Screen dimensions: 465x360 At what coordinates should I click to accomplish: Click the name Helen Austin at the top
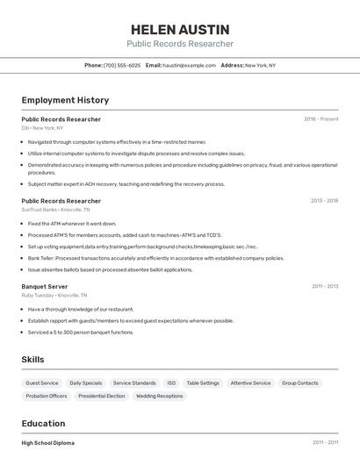(179, 30)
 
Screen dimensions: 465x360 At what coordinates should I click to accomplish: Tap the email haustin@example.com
(189, 65)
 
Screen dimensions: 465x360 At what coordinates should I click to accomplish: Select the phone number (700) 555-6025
(121, 65)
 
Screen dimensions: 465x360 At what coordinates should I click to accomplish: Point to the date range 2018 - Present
(321, 119)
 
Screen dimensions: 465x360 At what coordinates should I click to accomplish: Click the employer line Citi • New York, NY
(42, 128)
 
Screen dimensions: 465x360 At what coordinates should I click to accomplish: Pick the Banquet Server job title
(45, 286)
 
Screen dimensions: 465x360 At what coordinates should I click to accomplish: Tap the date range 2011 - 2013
(324, 286)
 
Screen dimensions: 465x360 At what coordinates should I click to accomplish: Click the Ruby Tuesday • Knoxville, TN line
(56, 296)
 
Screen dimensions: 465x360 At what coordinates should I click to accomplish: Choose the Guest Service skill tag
(42, 383)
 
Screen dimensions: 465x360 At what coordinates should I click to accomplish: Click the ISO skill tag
(171, 383)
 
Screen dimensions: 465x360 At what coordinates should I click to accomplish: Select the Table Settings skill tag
(203, 383)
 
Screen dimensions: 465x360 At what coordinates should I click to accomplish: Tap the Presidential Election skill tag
(102, 396)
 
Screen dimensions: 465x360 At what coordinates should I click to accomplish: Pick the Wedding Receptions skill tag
(159, 396)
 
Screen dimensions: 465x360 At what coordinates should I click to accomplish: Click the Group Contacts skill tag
(300, 383)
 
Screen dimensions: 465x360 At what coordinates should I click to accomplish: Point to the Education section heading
(43, 423)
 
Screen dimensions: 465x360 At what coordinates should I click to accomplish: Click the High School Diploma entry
(48, 443)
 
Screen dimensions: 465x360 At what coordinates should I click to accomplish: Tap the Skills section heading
(32, 360)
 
